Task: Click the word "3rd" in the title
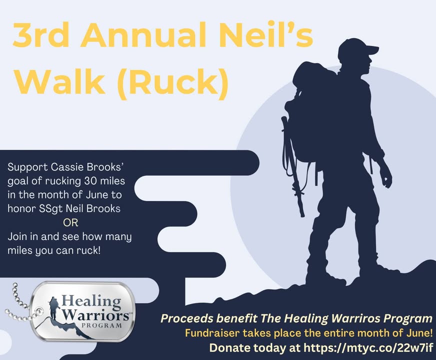[x=41, y=35]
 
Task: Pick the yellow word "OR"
[x=70, y=222]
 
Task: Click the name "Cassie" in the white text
[x=67, y=167]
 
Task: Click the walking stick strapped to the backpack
[x=293, y=166]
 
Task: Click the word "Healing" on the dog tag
[x=91, y=301]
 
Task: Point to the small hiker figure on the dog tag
[x=53, y=308]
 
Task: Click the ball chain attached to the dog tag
[x=19, y=306]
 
